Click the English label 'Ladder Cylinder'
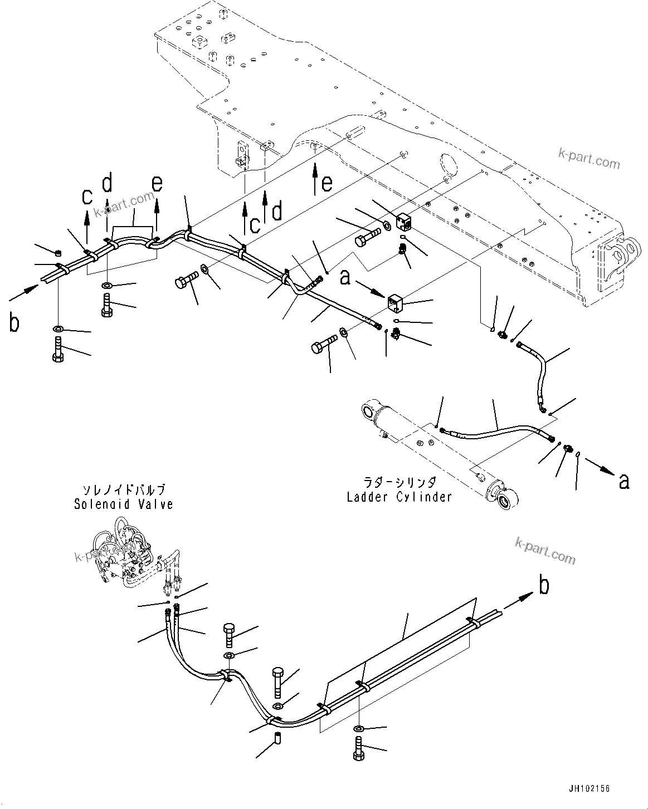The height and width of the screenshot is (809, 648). coord(399,497)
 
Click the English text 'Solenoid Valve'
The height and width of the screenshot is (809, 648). coord(124,504)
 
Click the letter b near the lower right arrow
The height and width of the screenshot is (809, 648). coord(543,585)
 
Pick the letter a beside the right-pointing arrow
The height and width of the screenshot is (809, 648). coord(624,480)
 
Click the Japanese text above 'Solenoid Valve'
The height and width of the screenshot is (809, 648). coord(124,490)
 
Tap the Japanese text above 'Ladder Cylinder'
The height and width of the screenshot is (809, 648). coord(399,482)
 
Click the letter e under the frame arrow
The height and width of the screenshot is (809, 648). coord(327,183)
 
